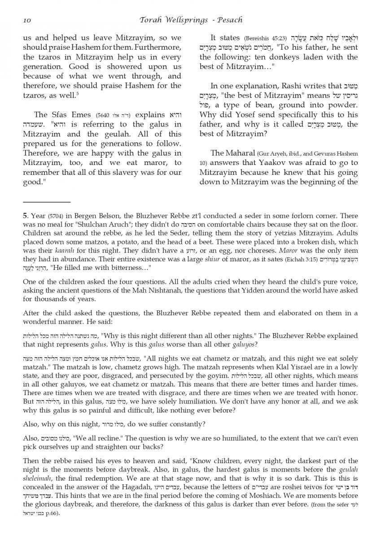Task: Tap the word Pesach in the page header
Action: point(230,20)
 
